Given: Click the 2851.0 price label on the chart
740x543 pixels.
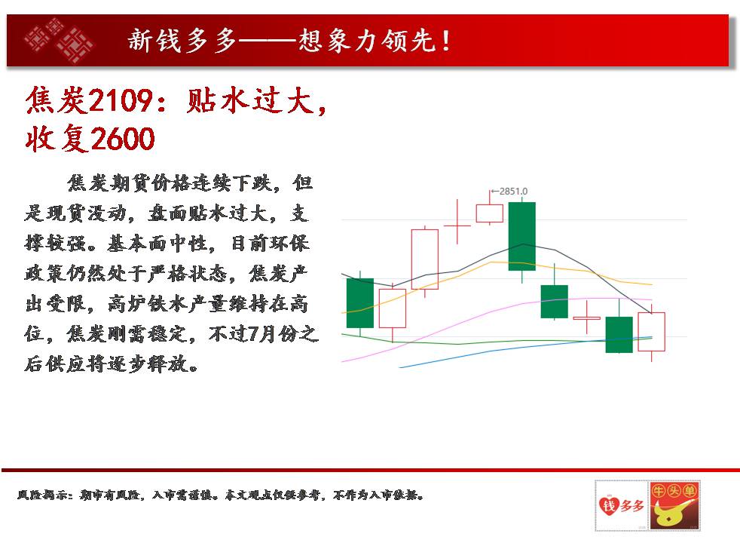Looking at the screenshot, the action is [513, 192].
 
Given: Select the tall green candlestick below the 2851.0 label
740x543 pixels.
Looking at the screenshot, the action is [522, 236].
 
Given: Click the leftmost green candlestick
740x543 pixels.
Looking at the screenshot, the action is [360, 303].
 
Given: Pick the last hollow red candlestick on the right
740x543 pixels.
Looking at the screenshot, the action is [651, 332].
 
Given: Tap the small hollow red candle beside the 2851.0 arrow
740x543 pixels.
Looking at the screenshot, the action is [489, 213].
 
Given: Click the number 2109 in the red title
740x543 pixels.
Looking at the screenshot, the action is [120, 100].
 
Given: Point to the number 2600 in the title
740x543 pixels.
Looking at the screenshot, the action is [122, 139].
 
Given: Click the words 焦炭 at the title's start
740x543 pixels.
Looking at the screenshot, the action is [56, 100].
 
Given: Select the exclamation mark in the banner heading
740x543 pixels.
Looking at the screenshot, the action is [445, 41].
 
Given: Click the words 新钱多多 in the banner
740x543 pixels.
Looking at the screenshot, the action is [182, 40].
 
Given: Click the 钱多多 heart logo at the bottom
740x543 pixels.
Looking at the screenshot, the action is [622, 505].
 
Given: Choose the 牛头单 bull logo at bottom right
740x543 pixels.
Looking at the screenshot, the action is [674, 505].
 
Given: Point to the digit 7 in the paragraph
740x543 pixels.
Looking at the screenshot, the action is [253, 334].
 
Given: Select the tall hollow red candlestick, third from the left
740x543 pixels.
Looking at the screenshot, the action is [425, 259].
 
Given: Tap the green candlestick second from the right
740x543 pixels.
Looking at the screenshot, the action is [619, 334].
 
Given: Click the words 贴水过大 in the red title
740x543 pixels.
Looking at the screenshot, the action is [250, 100].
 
